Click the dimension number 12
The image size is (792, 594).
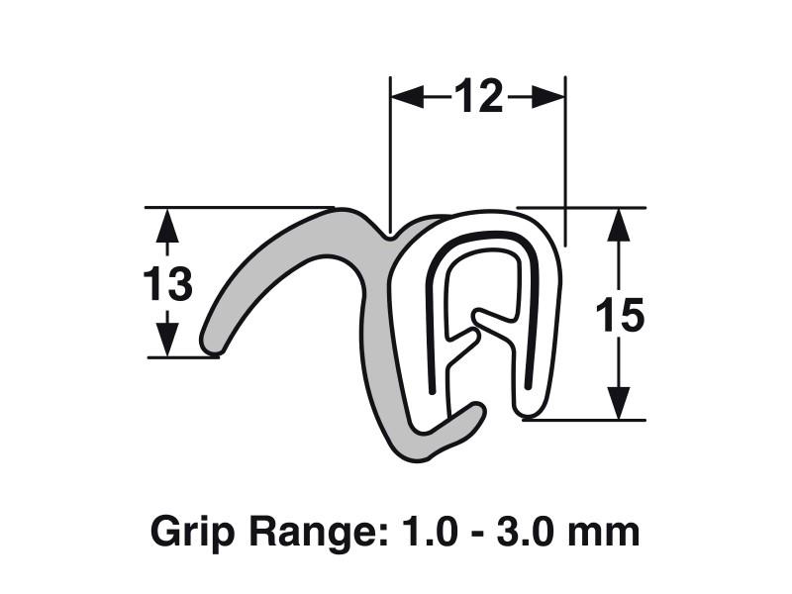click(x=479, y=96)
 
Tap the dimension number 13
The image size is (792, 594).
click(x=167, y=285)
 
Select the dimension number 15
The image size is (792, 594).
click(x=620, y=316)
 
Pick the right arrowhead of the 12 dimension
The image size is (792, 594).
click(x=549, y=96)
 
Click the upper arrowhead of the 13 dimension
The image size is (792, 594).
click(x=167, y=226)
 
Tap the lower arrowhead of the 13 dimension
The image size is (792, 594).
click(x=167, y=340)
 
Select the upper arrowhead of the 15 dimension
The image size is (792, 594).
click(x=620, y=226)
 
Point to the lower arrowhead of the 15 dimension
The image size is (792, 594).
click(x=620, y=402)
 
